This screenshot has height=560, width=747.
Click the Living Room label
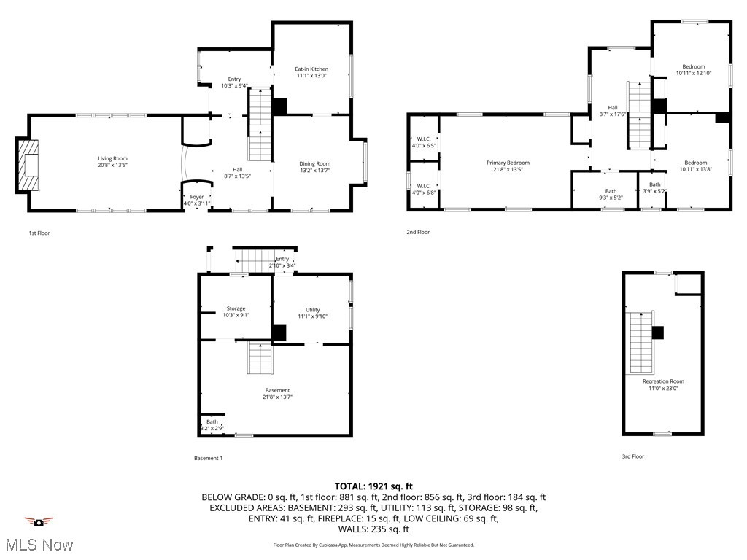(113, 158)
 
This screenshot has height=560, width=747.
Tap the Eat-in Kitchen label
(311, 69)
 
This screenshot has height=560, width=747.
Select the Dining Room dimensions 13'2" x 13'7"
(315, 170)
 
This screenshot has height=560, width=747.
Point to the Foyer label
(197, 197)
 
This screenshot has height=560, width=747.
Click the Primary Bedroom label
(508, 163)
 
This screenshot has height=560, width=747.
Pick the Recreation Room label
(663, 381)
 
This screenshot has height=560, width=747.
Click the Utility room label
(312, 310)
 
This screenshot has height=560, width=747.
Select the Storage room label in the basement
(236, 308)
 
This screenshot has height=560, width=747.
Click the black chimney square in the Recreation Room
(657, 332)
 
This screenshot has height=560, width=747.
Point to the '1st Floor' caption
(39, 233)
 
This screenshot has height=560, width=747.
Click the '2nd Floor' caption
(418, 233)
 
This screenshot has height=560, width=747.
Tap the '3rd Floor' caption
(633, 456)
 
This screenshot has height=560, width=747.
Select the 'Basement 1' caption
(208, 459)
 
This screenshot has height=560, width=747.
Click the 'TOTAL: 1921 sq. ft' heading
(373, 486)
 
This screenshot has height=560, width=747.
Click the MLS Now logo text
(39, 545)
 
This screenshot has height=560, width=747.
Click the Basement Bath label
(212, 421)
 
